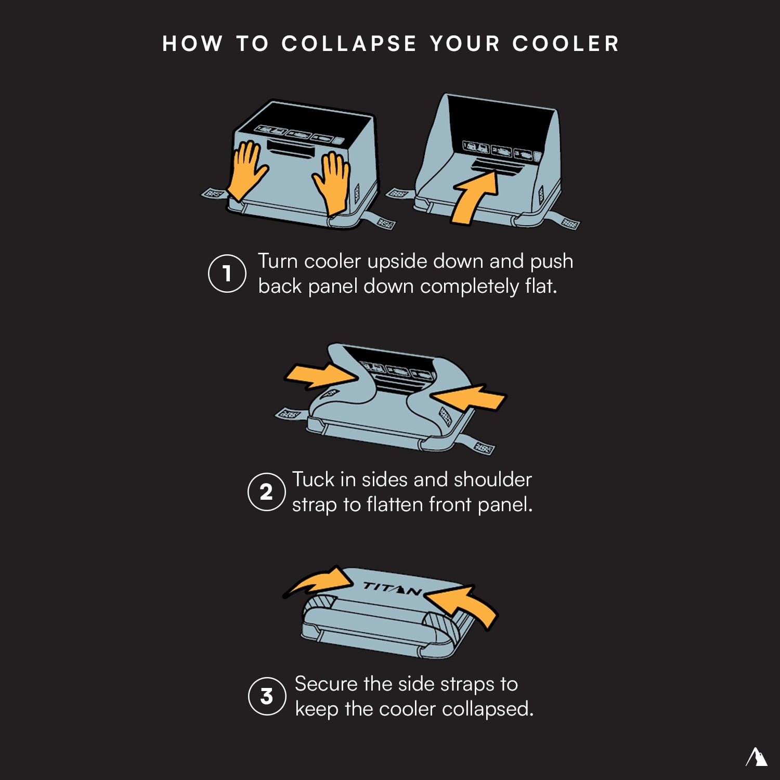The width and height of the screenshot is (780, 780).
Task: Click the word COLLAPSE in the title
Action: point(349,44)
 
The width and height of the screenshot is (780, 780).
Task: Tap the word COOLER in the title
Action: point(566,44)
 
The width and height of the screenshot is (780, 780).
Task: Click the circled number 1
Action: point(227,274)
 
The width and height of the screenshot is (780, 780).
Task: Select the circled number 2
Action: point(266,492)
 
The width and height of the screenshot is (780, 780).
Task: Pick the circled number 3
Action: point(267,696)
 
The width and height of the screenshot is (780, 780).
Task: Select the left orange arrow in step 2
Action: point(321,375)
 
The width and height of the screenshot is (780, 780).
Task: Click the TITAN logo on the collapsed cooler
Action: point(392,589)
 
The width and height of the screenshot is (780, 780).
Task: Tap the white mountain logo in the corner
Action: point(757,757)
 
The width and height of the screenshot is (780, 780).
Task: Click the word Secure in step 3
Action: point(327,684)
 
